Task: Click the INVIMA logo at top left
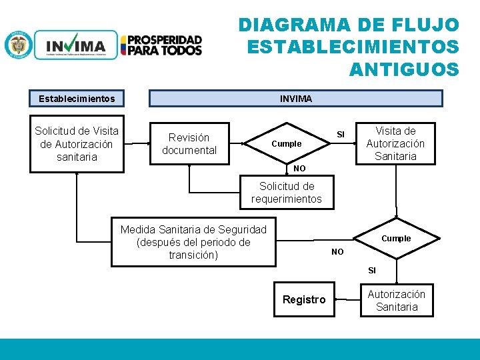[76, 45]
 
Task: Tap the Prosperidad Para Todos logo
[161, 45]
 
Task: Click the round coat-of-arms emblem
[18, 45]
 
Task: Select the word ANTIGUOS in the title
[404, 69]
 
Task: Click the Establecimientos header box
[77, 99]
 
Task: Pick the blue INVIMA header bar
[295, 99]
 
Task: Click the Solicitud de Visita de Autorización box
[77, 144]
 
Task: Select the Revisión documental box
[189, 144]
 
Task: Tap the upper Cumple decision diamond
[287, 144]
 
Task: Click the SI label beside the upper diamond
[341, 135]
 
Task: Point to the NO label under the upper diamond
[299, 169]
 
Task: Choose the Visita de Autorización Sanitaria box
[395, 143]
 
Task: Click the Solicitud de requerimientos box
[287, 193]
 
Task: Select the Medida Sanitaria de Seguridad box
[193, 242]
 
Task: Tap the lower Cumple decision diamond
[396, 238]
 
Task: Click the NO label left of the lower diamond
[337, 252]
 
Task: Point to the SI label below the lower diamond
[372, 271]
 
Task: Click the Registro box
[304, 300]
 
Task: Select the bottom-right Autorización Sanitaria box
[397, 301]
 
